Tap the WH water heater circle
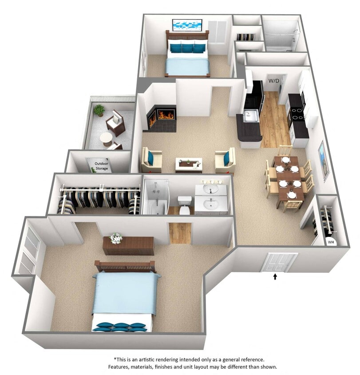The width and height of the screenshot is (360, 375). (x=331, y=242)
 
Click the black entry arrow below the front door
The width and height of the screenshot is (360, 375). (x=275, y=277)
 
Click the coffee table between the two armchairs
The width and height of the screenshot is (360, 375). (x=189, y=164)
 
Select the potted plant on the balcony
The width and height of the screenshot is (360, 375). (x=99, y=110)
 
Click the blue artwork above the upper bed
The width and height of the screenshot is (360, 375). (x=187, y=24)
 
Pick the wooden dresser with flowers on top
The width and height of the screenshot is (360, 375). (x=128, y=246)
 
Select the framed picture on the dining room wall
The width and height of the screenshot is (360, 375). (x=324, y=160)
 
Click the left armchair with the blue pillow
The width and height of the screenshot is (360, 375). (x=151, y=160)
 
